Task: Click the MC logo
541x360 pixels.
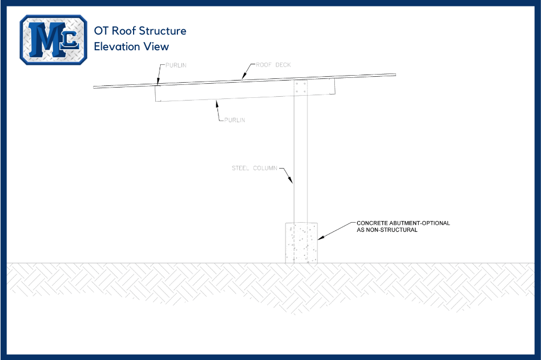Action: tap(53, 39)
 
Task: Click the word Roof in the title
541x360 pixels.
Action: tap(124, 31)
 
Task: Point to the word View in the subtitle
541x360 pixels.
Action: tap(156, 46)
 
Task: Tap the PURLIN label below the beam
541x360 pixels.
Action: tap(235, 120)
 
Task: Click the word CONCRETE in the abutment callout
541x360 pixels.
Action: tap(372, 223)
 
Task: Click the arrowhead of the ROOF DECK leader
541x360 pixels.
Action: tap(243, 78)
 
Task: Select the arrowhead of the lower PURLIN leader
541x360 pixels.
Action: tap(216, 101)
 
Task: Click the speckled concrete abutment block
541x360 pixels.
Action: tap(301, 243)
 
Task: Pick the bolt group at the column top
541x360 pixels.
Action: tap(301, 87)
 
